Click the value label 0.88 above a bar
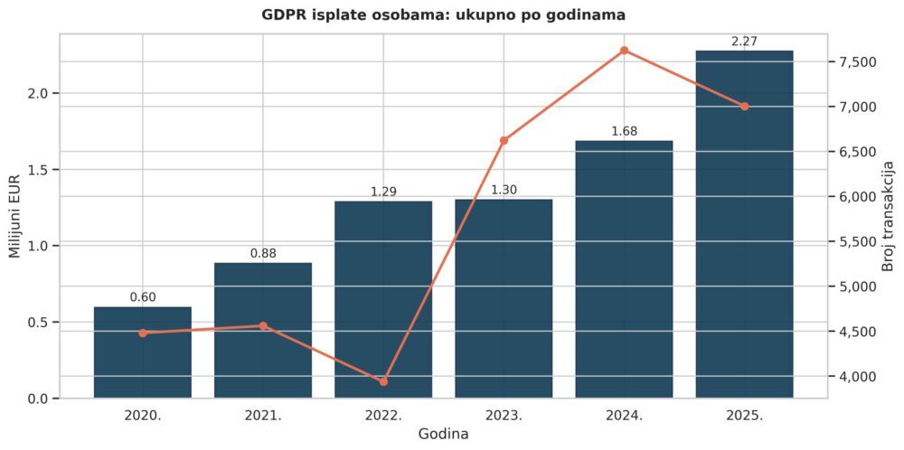click(x=263, y=253)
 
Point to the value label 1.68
click(x=624, y=131)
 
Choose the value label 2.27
click(x=744, y=41)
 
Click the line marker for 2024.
click(x=624, y=51)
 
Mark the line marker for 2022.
click(x=383, y=381)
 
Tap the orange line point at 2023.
click(x=504, y=140)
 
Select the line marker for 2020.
click(x=143, y=333)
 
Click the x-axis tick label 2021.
click(x=263, y=416)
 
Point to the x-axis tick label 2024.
click(x=624, y=416)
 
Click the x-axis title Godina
click(x=443, y=435)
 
